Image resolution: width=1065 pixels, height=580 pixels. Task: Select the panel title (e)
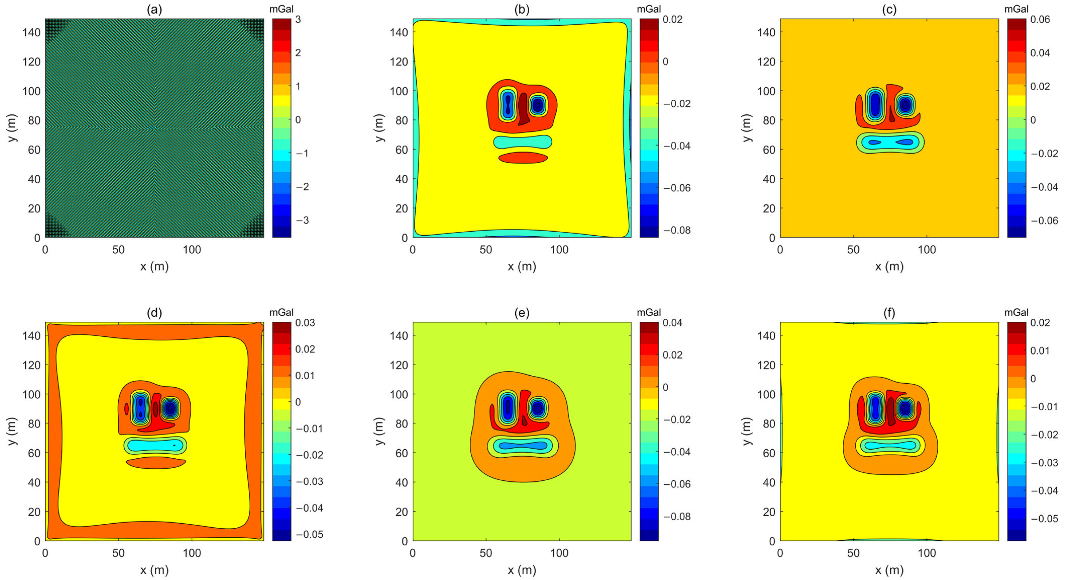(x=522, y=313)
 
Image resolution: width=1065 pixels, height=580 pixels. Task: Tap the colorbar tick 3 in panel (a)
(x=298, y=20)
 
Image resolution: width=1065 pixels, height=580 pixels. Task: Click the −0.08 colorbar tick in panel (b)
(x=677, y=230)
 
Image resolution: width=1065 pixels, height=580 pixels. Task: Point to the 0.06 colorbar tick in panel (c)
(x=1040, y=20)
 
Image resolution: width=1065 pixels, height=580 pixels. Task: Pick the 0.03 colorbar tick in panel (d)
(x=305, y=323)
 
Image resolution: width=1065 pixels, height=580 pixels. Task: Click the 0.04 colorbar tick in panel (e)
(x=672, y=323)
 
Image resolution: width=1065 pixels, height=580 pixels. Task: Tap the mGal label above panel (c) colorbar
(x=1016, y=9)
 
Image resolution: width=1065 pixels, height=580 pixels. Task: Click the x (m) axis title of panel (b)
(x=522, y=266)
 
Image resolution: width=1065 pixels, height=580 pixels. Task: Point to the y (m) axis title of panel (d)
(x=12, y=431)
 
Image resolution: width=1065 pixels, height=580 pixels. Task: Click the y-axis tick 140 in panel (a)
(x=31, y=32)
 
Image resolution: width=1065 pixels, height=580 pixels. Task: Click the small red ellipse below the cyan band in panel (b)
(x=523, y=158)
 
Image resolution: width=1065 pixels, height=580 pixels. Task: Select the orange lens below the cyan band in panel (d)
(x=156, y=462)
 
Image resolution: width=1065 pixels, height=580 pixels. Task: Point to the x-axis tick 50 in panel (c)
(x=853, y=250)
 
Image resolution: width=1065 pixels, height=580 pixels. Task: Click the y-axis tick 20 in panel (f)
(x=769, y=512)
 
